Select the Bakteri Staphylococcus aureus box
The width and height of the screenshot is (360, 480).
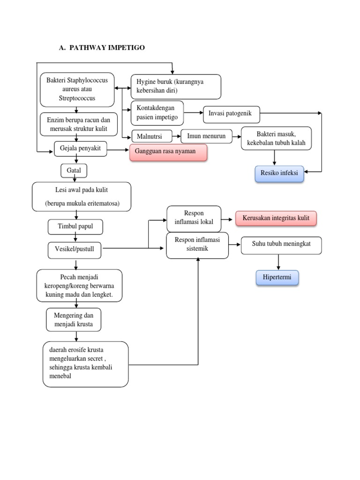coord(77,90)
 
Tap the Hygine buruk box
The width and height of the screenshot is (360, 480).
coord(176,86)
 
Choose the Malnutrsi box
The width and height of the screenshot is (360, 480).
coord(152,136)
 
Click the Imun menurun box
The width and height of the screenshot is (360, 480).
coord(206,136)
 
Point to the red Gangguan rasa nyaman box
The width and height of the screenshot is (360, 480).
coord(168,152)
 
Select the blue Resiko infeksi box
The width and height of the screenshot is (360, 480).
coord(279,173)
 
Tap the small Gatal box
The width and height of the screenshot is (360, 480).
coord(74,171)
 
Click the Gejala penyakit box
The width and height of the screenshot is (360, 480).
coord(80,149)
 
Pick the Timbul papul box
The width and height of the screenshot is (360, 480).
coord(75,227)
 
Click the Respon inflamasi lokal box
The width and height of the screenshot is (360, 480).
coord(194,218)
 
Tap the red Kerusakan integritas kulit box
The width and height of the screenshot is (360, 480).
coord(276,218)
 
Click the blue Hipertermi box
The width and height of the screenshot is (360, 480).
coord(277,277)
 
